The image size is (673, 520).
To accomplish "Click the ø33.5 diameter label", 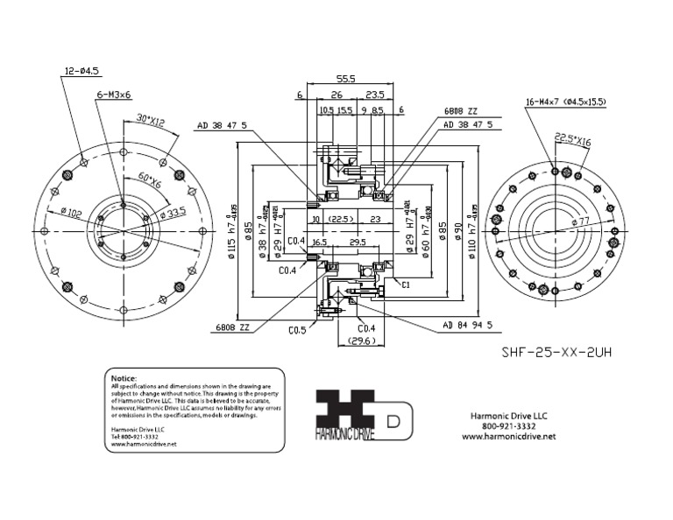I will [172, 213].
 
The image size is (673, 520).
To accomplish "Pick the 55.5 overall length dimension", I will [345, 79].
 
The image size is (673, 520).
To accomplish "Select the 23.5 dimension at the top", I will [376, 95].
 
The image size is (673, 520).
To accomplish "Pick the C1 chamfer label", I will [406, 285].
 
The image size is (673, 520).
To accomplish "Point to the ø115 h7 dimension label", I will [232, 228].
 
